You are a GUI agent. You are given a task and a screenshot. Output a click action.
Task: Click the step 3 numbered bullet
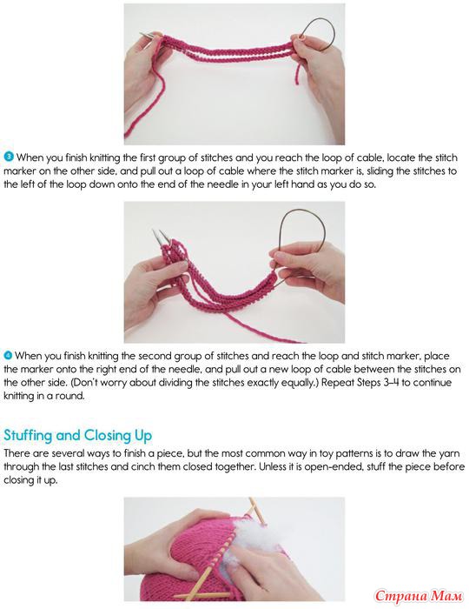[9, 157]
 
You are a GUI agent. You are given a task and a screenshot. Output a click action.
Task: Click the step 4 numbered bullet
[8, 355]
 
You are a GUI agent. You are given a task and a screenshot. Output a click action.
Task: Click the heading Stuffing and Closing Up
[77, 435]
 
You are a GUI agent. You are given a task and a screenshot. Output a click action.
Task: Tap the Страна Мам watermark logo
[419, 595]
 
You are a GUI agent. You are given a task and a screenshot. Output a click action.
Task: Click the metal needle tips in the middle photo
[160, 236]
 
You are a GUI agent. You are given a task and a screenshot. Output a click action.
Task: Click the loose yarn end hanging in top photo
[297, 74]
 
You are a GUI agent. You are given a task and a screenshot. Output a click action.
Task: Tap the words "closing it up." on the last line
[30, 480]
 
